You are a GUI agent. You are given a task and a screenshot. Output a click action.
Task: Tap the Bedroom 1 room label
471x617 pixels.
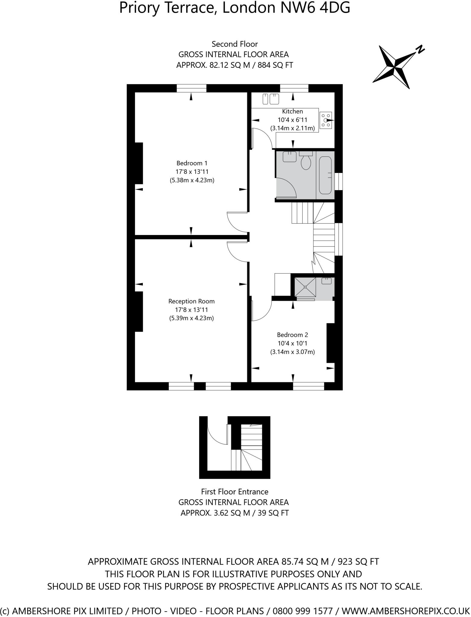pyautogui.click(x=192, y=163)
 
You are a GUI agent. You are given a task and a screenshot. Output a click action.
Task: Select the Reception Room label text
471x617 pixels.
pyautogui.click(x=191, y=301)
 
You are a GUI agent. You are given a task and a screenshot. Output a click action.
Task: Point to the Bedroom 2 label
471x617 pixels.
pyautogui.click(x=292, y=335)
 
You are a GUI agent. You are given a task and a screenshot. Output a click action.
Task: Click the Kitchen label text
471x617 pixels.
pyautogui.click(x=292, y=111)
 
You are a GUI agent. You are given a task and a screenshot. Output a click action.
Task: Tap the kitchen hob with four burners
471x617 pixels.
pyautogui.click(x=326, y=120)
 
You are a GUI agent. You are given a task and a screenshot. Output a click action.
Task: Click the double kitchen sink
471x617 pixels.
pyautogui.click(x=271, y=99)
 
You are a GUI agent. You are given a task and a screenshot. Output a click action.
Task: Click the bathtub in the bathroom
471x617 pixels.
pyautogui.click(x=325, y=175)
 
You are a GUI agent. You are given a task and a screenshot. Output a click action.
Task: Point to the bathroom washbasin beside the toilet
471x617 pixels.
pyautogui.click(x=290, y=157)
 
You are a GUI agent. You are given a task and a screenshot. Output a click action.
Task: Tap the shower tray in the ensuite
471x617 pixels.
pyautogui.click(x=305, y=287)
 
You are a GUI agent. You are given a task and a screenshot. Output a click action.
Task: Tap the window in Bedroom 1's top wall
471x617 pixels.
pyautogui.click(x=191, y=88)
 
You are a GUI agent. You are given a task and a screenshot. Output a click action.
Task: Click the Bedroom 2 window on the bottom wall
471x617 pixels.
pyautogui.click(x=308, y=386)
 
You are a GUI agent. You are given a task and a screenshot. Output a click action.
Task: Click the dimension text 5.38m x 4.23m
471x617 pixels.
pyautogui.click(x=192, y=180)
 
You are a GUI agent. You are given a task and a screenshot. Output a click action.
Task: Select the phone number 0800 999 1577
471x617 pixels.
pyautogui.click(x=303, y=611)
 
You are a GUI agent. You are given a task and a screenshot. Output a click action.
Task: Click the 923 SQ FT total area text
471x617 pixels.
pyautogui.click(x=358, y=562)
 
